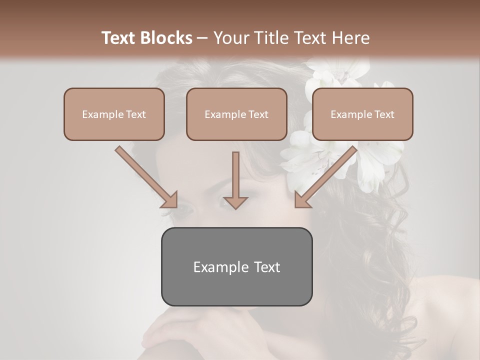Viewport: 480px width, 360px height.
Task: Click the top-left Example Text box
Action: tap(114, 114)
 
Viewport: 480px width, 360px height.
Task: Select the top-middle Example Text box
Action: tap(236, 114)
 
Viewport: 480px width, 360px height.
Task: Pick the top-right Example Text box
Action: tap(362, 114)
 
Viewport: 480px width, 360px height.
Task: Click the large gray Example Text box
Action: tap(236, 266)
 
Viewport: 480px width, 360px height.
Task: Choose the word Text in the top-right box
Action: tap(384, 114)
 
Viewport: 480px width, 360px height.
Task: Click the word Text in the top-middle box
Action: tap(258, 114)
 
